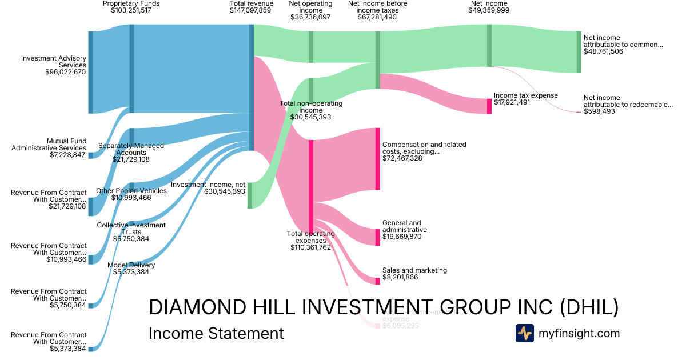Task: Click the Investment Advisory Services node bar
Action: click(x=90, y=72)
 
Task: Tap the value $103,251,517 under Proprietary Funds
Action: click(x=131, y=10)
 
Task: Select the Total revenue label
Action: click(x=251, y=3)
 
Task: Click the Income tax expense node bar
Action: click(x=489, y=106)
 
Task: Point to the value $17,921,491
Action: click(x=512, y=103)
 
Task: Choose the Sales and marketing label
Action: click(x=414, y=270)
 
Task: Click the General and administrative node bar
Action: click(x=377, y=237)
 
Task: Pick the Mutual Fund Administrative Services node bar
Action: click(x=90, y=155)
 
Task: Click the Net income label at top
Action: click(x=489, y=3)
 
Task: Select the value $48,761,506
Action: click(x=603, y=51)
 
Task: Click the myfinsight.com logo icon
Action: click(x=524, y=333)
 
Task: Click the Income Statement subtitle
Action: click(x=216, y=333)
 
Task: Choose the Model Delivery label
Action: click(x=131, y=265)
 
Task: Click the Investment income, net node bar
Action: click(x=250, y=195)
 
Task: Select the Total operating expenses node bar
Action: click(x=311, y=185)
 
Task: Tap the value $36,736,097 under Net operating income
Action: click(x=310, y=17)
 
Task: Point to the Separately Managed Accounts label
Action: click(x=131, y=149)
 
